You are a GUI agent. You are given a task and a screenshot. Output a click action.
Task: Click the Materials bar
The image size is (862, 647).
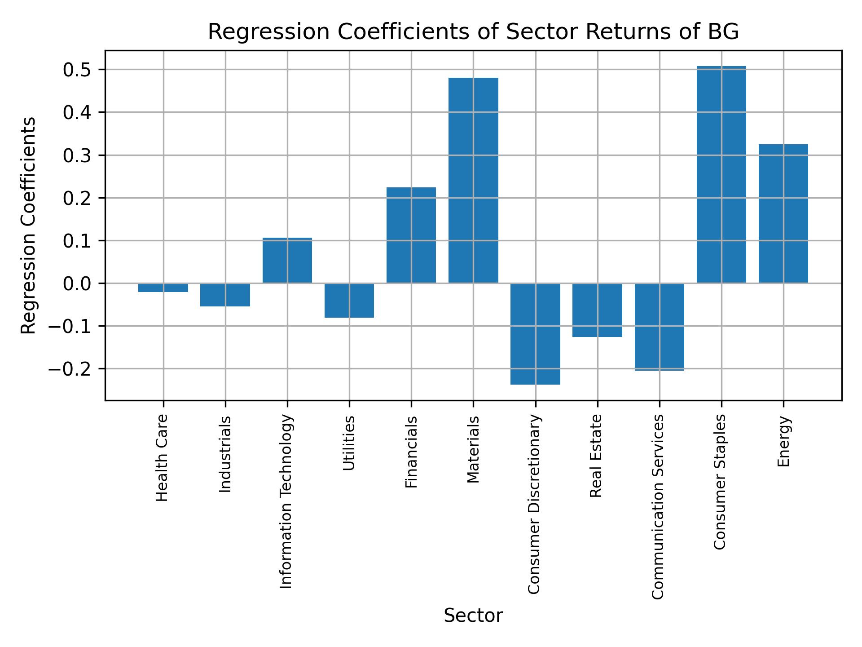click(473, 180)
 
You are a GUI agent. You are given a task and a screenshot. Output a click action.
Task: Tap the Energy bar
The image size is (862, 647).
click(783, 213)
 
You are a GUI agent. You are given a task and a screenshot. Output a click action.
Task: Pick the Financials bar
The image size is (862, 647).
click(411, 235)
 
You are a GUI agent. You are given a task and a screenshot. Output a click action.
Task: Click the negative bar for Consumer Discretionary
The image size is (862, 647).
click(535, 334)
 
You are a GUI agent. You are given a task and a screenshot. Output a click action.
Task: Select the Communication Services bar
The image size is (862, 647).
click(659, 327)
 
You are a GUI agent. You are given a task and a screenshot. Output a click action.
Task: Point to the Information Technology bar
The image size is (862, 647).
click(287, 260)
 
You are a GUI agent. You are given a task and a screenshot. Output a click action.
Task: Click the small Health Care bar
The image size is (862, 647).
click(163, 288)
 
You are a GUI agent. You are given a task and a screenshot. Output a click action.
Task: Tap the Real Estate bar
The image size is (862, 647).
click(597, 310)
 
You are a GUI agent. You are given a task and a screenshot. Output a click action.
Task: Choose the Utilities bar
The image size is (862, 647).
click(349, 300)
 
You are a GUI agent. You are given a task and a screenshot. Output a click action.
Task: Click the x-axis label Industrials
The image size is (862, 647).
click(225, 454)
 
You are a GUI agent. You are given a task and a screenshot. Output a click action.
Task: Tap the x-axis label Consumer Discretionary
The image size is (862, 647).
click(534, 505)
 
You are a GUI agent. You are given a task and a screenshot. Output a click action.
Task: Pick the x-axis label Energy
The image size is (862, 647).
click(783, 442)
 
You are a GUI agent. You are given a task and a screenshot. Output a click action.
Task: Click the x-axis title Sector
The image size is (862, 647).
click(473, 616)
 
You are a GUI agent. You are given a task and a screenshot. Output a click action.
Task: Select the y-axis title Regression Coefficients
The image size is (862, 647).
click(28, 225)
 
